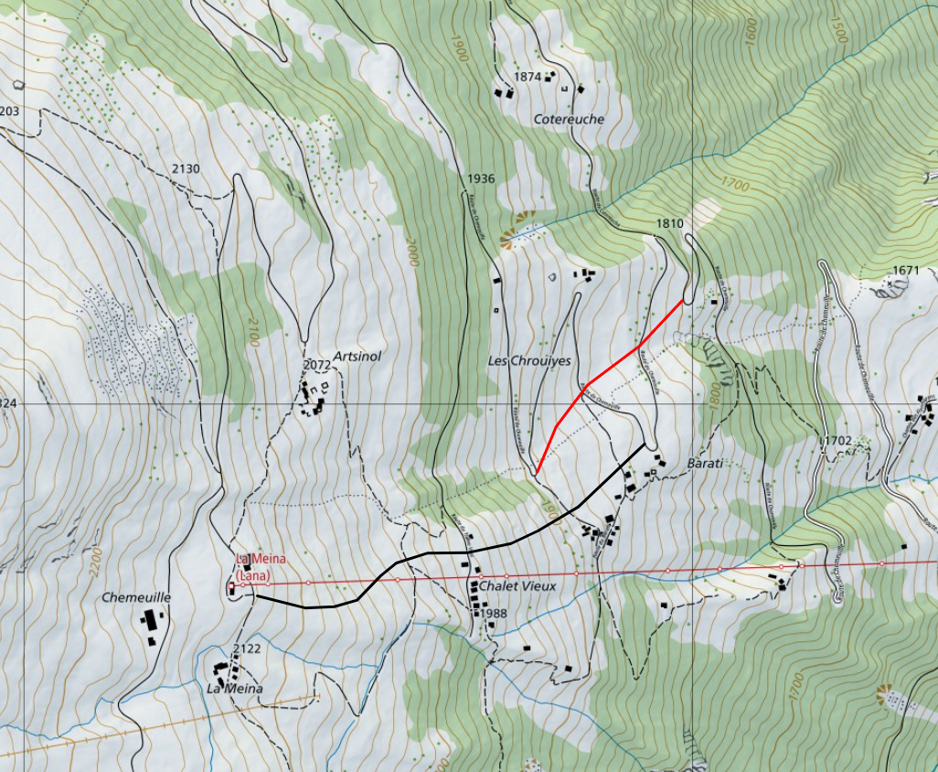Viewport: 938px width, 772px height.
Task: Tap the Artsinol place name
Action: point(357,356)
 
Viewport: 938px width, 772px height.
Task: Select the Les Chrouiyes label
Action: point(529,361)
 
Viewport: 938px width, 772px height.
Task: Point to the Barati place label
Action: point(705,464)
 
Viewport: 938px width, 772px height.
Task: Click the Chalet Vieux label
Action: point(517,585)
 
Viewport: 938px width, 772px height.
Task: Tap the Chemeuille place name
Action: point(136,597)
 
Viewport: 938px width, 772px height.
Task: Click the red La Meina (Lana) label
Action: point(255,567)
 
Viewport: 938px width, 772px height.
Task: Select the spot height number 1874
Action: point(528,77)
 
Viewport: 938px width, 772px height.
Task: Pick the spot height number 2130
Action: point(186,168)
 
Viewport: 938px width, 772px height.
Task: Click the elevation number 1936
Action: point(480,178)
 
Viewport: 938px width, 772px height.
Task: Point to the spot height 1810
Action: point(670,223)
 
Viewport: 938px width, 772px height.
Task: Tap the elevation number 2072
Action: point(316,365)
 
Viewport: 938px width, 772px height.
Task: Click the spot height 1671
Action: point(905,270)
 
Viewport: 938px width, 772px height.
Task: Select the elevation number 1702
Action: point(837,441)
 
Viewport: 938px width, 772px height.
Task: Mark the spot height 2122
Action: point(247,649)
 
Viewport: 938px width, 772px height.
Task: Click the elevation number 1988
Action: point(492,613)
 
